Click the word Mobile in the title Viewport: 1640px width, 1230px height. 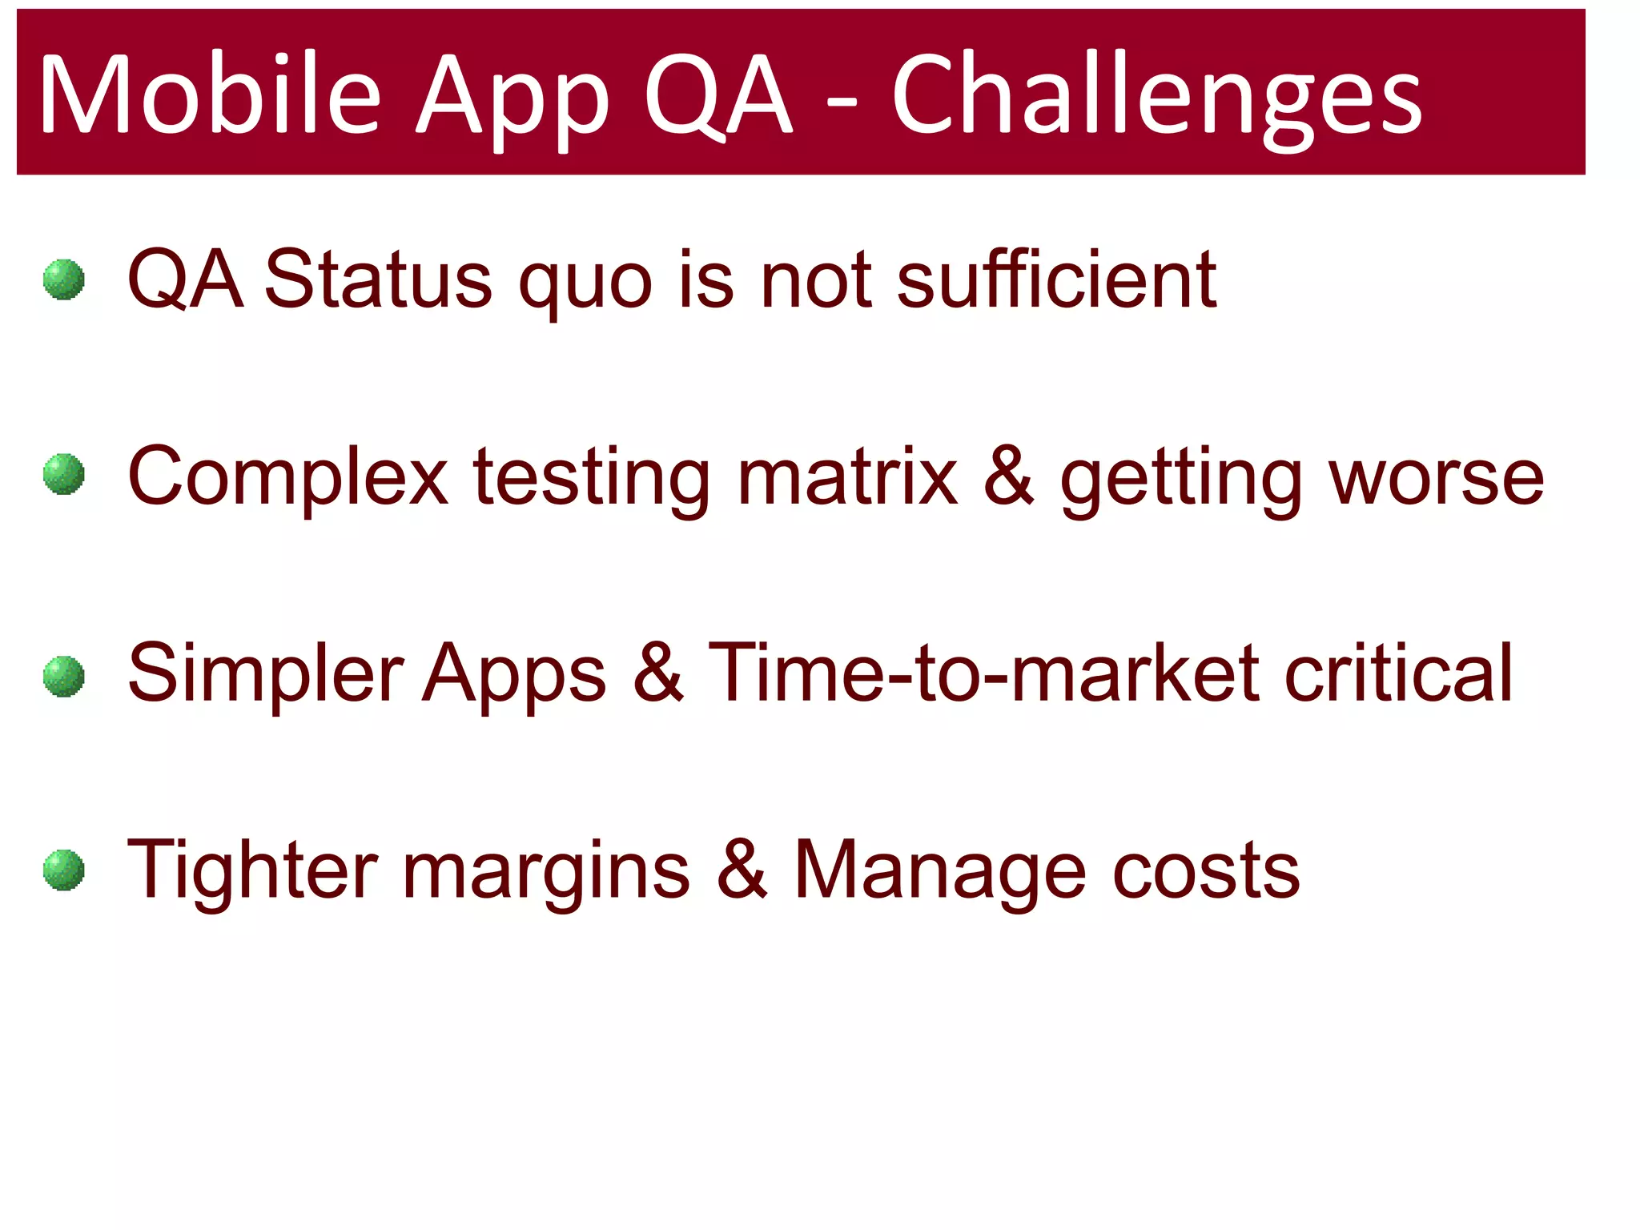(x=210, y=94)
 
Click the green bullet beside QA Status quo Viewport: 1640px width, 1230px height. (x=64, y=279)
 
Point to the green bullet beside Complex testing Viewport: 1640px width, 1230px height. (x=64, y=474)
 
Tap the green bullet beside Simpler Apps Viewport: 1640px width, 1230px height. (x=64, y=677)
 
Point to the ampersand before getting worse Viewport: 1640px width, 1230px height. (x=1008, y=476)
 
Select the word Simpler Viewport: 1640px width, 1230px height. (x=265, y=675)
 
